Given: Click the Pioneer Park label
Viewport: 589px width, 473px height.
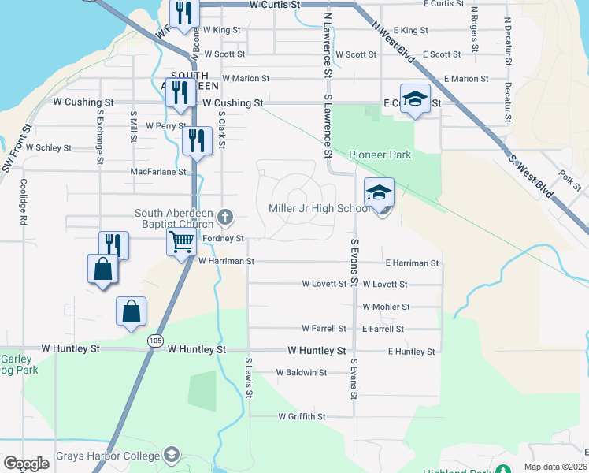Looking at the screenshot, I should (x=380, y=155).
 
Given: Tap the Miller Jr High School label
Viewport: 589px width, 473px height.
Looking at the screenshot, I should (x=319, y=209).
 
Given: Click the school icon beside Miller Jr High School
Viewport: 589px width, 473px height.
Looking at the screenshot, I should (x=379, y=194).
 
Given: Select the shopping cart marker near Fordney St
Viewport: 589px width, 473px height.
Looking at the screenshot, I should (x=181, y=241).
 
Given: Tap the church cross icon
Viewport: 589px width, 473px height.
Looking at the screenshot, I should (x=225, y=216).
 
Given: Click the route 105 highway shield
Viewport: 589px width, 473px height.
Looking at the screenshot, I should (x=154, y=340).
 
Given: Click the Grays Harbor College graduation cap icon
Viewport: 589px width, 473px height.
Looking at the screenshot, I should (x=171, y=455).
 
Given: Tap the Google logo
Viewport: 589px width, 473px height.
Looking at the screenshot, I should (x=26, y=464).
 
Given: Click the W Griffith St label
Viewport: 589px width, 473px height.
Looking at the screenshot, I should (x=302, y=416).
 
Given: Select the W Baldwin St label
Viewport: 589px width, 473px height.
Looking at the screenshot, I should (x=301, y=372).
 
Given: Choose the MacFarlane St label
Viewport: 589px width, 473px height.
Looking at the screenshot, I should (x=157, y=171).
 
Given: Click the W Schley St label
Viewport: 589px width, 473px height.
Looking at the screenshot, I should (x=49, y=147).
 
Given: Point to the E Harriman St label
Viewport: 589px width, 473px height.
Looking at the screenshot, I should (x=412, y=263).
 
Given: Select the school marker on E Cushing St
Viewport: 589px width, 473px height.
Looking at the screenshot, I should (x=415, y=99).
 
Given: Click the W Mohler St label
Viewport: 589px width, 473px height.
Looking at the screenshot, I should (x=386, y=307).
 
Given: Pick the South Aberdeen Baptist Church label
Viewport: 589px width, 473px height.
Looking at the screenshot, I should (x=174, y=219).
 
